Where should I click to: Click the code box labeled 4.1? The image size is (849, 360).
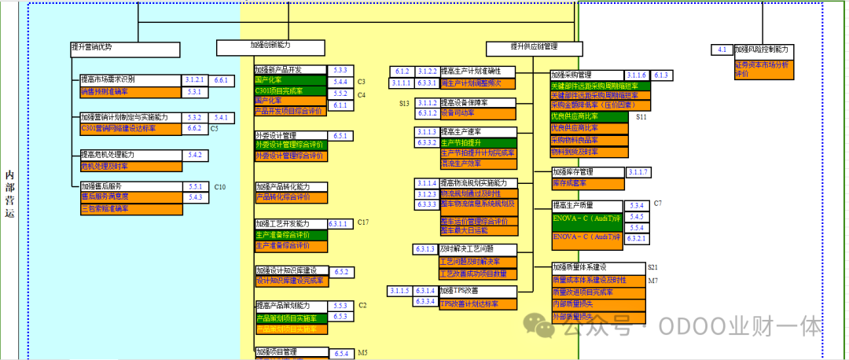click(722, 50)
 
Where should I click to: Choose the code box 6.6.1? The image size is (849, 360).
click(220, 81)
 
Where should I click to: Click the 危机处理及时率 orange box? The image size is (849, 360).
click(130, 167)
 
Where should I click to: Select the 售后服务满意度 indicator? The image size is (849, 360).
click(130, 197)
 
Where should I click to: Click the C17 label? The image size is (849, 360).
click(362, 222)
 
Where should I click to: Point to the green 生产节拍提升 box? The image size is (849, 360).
click(477, 142)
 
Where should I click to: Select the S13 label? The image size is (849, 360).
click(404, 103)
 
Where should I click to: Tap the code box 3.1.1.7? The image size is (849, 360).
click(639, 172)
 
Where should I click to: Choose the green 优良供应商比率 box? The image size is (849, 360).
click(589, 116)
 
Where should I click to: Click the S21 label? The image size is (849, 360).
click(652, 267)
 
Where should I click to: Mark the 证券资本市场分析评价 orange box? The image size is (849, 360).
click(763, 69)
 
